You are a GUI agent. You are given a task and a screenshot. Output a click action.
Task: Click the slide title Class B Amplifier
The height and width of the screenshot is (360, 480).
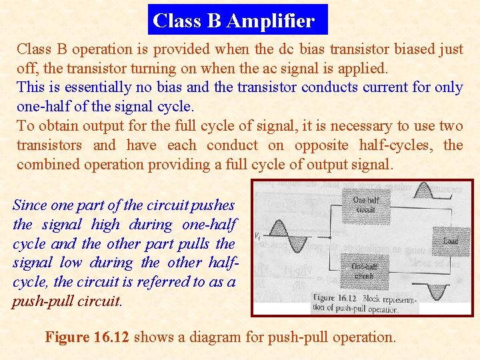click(233, 21)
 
